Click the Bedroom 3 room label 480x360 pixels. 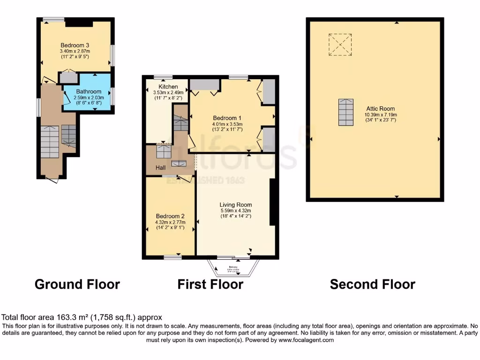click(x=75, y=45)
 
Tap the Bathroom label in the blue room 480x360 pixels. click(x=89, y=91)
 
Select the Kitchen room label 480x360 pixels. click(x=168, y=87)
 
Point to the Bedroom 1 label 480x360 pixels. click(x=227, y=118)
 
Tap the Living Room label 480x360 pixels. click(x=236, y=205)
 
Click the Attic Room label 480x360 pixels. click(x=381, y=108)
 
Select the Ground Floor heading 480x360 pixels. click(x=77, y=284)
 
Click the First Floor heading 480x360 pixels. click(x=210, y=284)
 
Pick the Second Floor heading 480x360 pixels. click(x=373, y=284)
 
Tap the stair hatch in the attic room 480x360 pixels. click(x=345, y=112)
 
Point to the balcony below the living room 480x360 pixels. click(x=233, y=269)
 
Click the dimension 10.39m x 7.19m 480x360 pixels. click(x=381, y=114)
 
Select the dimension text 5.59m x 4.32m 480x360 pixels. click(x=236, y=211)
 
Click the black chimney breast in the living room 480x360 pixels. click(x=272, y=202)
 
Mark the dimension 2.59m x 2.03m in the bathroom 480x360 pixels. click(x=89, y=97)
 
